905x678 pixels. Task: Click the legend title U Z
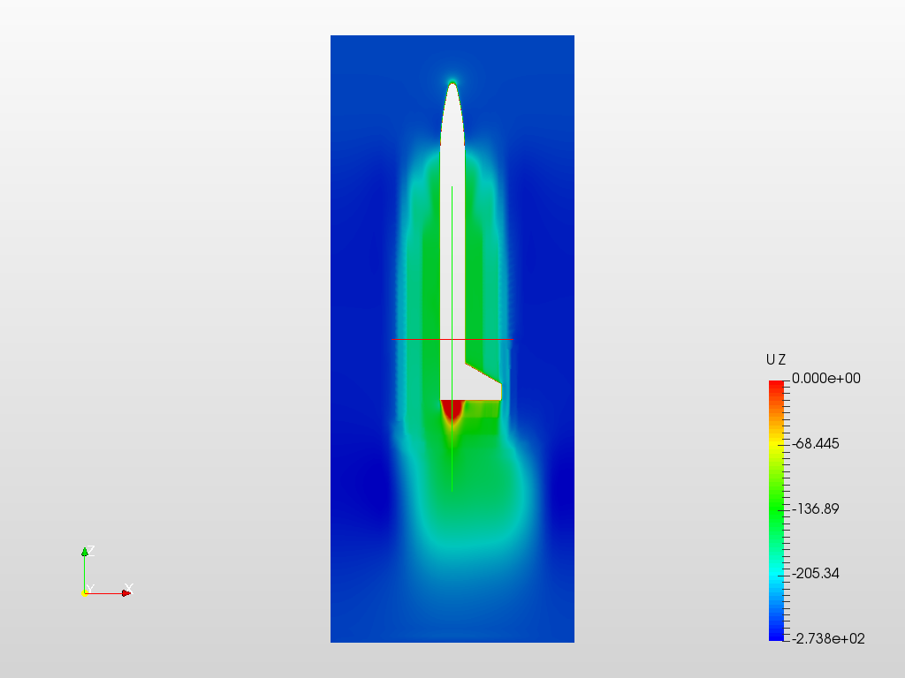(x=776, y=360)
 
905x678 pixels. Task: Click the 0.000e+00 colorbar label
(x=826, y=378)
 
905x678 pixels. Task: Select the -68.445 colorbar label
(x=816, y=443)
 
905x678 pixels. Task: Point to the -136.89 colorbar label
(x=816, y=508)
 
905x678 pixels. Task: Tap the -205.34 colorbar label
(x=816, y=573)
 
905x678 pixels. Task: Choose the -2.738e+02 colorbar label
(x=828, y=638)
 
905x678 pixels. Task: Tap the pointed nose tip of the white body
(x=452, y=84)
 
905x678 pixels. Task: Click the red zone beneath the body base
(x=453, y=410)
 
